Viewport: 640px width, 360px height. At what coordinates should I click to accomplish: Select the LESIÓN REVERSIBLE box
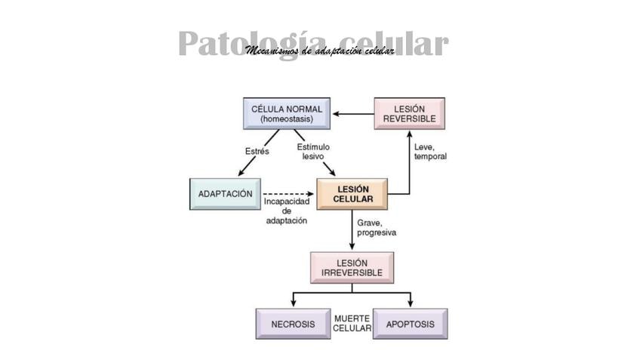(x=409, y=114)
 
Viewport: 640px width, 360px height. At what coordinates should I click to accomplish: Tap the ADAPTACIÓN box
(x=225, y=194)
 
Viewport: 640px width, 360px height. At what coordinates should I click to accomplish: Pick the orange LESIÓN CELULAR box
(x=352, y=194)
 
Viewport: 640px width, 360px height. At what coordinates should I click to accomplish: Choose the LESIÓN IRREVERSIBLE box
(x=352, y=267)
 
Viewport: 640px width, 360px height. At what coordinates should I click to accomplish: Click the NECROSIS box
(x=293, y=324)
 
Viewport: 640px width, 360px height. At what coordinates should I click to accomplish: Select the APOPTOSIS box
(x=410, y=324)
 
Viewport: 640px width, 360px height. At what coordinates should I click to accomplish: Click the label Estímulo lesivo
(x=313, y=152)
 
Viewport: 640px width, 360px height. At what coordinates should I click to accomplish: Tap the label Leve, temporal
(x=430, y=152)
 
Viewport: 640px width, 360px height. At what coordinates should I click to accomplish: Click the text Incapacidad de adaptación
(x=287, y=211)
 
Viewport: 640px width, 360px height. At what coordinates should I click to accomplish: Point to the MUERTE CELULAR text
(x=352, y=324)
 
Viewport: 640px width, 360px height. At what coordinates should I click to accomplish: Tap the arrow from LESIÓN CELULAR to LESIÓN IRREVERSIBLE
(x=352, y=230)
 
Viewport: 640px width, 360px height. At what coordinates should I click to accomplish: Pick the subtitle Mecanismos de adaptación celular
(x=319, y=51)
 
